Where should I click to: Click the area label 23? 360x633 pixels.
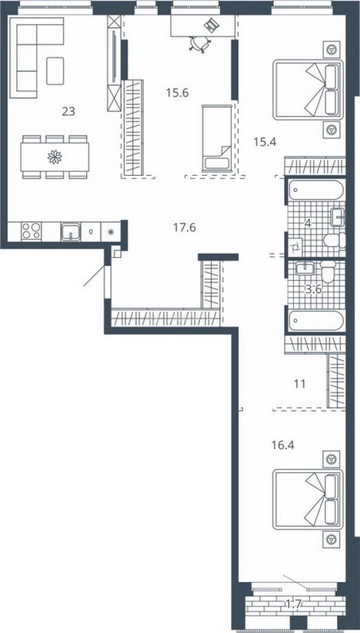68,111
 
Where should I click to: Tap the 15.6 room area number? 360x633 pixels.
178,93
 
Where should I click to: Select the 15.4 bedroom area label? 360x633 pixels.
264,141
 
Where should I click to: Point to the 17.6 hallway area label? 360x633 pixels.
185,227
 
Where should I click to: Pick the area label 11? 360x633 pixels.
300,383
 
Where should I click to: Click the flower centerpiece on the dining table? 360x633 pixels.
55,156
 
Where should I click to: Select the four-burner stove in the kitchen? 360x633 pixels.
31,232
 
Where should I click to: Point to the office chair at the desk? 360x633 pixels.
200,44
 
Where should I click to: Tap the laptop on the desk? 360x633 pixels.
211,25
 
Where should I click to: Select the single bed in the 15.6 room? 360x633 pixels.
217,138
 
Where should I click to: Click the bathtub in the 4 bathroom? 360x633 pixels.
316,190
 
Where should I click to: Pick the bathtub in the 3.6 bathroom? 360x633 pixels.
316,320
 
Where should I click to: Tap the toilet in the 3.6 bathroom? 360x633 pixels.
328,272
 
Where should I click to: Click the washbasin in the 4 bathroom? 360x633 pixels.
337,217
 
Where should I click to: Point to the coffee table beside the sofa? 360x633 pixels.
55,71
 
